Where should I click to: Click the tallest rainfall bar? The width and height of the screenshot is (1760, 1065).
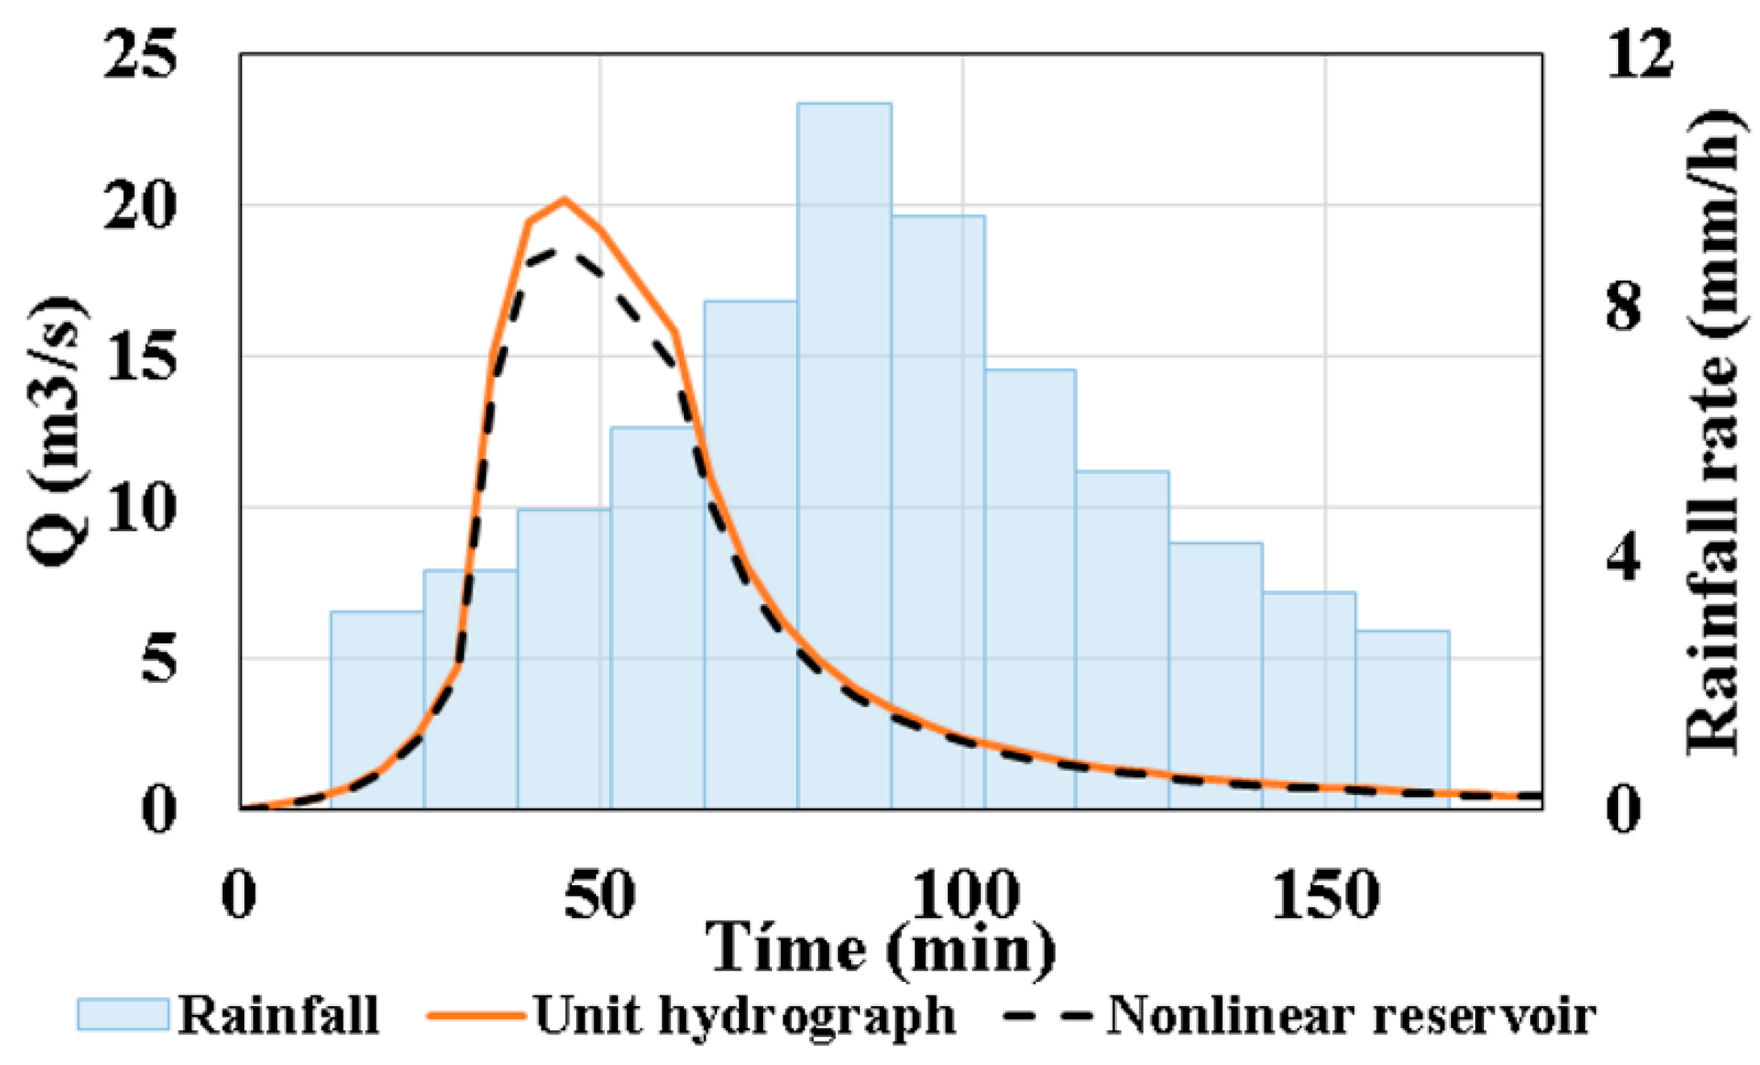coord(844,451)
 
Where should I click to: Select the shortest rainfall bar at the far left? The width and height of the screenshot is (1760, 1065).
coord(377,709)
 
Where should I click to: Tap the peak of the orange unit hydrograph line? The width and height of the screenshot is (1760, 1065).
coord(565,199)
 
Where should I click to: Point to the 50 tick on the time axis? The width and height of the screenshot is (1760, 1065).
coord(599,895)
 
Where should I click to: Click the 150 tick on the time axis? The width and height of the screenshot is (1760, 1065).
coord(1325,895)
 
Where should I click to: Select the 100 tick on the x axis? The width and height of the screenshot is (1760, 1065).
coord(962,895)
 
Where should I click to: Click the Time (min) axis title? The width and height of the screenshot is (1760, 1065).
coord(881,950)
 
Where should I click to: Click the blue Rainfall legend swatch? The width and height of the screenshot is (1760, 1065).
coord(123,1014)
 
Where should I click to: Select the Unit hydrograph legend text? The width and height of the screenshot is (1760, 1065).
coord(744,1014)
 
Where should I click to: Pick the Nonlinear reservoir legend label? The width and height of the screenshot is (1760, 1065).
coord(1351,1014)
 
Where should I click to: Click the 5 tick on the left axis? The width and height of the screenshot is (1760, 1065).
coord(157,659)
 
